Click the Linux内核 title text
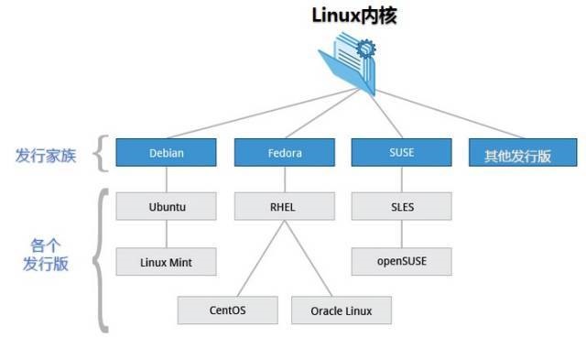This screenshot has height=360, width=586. click(x=353, y=15)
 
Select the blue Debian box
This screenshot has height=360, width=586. click(x=167, y=153)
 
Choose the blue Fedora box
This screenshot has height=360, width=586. click(x=284, y=153)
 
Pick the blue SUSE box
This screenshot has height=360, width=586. click(x=401, y=153)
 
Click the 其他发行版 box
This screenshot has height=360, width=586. click(x=518, y=154)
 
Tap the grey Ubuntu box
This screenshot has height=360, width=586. click(x=167, y=206)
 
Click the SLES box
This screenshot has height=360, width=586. click(x=401, y=206)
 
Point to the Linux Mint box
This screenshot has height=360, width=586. click(x=167, y=261)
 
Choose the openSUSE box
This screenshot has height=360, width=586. click(x=401, y=261)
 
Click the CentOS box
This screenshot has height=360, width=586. click(x=227, y=310)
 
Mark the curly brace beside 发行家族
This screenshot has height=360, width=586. click(x=103, y=153)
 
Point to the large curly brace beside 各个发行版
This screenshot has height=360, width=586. click(x=103, y=259)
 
